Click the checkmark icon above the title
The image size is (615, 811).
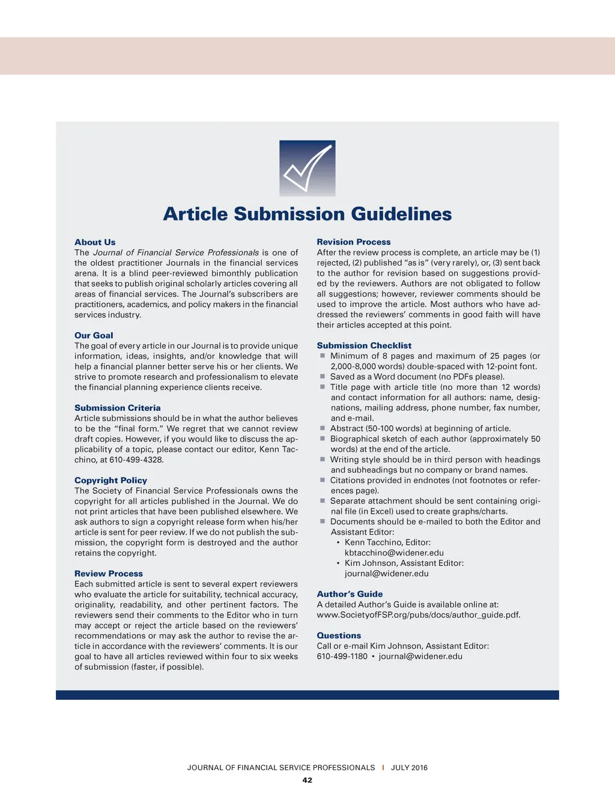307,168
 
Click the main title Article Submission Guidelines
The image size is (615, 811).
307,214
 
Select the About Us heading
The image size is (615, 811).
95,242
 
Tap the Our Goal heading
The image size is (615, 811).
94,335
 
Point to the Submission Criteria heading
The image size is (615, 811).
118,408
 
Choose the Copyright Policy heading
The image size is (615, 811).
111,480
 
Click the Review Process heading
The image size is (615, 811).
109,574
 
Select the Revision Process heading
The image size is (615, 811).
354,242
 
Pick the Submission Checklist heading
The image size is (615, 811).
364,345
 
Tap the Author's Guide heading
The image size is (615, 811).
350,594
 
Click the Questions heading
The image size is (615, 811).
339,636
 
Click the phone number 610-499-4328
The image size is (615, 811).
136,460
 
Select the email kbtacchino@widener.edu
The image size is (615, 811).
394,553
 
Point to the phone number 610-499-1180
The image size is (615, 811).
342,656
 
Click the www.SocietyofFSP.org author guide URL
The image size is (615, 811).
419,615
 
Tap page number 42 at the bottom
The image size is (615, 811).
307,780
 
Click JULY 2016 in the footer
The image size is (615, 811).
409,768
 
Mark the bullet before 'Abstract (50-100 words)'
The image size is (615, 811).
323,428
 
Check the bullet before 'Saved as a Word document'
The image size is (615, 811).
323,377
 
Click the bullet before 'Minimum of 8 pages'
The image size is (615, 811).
323,356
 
